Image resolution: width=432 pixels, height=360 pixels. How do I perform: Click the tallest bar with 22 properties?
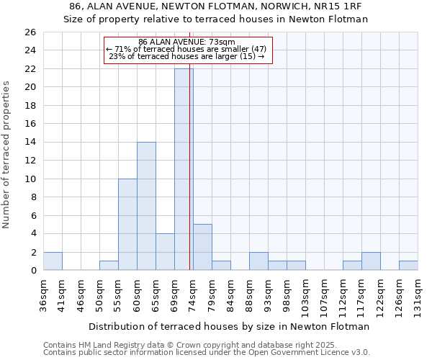[184, 169]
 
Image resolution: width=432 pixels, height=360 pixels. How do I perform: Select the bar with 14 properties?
[146, 206]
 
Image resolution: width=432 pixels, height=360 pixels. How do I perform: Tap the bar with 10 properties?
[127, 224]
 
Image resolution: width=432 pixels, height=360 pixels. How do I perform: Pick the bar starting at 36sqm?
[53, 261]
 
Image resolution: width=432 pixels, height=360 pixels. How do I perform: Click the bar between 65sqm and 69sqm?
[165, 252]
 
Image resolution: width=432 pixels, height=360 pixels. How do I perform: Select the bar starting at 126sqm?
[408, 266]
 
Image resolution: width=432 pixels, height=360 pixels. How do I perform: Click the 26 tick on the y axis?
[30, 32]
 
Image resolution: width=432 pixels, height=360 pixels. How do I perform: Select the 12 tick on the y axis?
[30, 161]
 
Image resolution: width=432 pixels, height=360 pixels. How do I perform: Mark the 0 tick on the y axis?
[32, 271]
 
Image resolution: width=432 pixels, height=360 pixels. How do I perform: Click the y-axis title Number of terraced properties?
[7, 155]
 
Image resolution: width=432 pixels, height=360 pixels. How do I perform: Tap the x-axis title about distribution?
[229, 326]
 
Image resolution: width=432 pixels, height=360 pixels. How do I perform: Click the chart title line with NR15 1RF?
[216, 6]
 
